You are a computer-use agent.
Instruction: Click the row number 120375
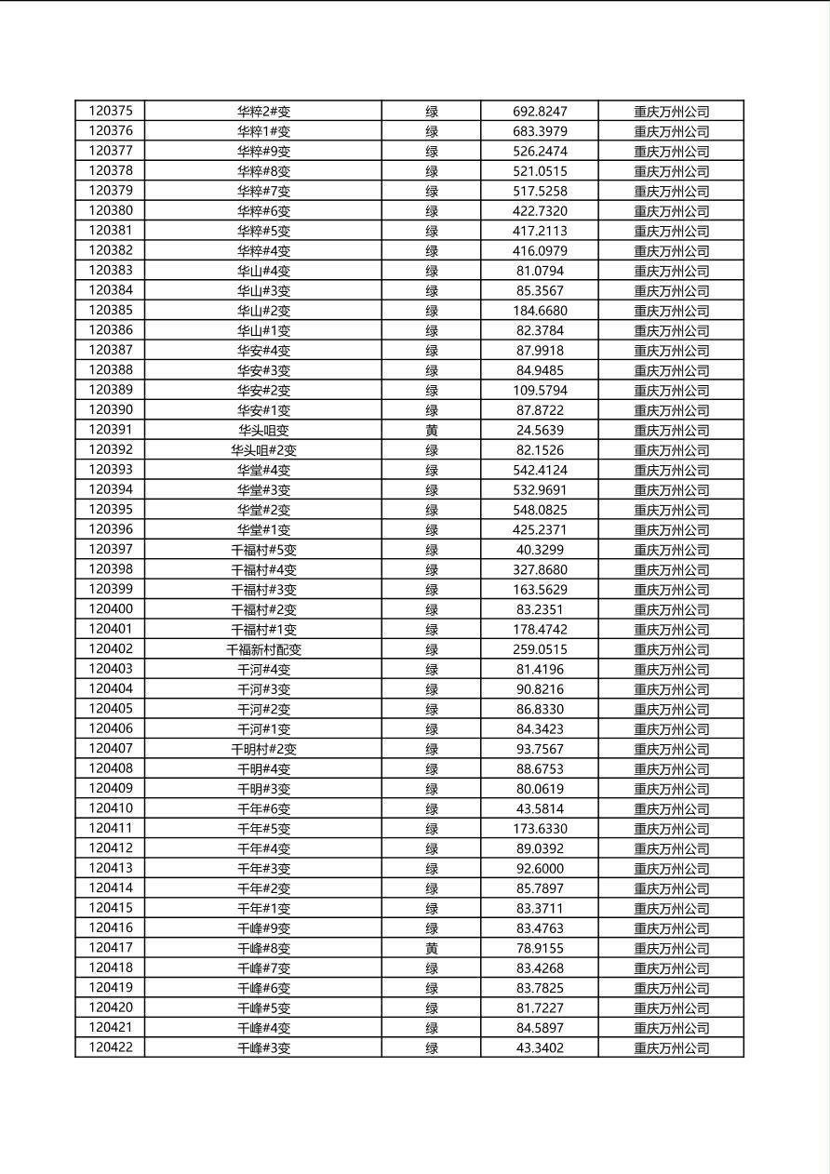[111, 111]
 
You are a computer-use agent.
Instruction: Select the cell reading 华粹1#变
[263, 131]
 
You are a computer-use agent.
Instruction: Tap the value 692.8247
[540, 112]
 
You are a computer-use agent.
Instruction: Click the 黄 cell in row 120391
[432, 430]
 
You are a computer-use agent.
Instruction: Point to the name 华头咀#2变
[263, 450]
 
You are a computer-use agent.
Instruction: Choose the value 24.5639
[540, 430]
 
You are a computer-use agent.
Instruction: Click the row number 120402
[111, 649]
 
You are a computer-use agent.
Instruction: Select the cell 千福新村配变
[263, 649]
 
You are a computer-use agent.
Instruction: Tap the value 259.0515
[540, 649]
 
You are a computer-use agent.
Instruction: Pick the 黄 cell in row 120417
[432, 948]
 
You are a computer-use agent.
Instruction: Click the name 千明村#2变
[263, 749]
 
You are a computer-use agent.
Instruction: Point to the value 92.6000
[540, 869]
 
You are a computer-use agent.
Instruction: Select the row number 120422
[111, 1047]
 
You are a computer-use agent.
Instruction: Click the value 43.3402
[540, 1048]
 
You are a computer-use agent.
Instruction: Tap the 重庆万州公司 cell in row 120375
[671, 112]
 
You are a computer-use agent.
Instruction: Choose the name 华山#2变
[263, 311]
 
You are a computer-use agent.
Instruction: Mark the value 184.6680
[540, 311]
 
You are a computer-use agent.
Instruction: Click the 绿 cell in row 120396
[432, 530]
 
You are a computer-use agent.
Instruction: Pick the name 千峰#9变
[263, 928]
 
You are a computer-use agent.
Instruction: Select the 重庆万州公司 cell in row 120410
[671, 809]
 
